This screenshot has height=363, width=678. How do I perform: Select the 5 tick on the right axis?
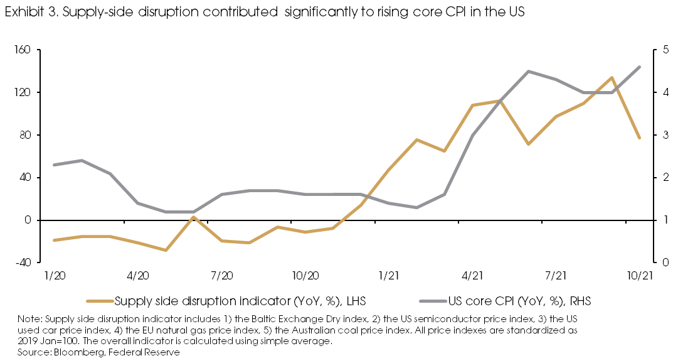[x=659, y=50]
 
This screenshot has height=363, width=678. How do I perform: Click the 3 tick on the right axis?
[x=659, y=135]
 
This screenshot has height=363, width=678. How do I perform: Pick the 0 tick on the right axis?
[x=659, y=263]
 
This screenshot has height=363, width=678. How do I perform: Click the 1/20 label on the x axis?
[x=54, y=276]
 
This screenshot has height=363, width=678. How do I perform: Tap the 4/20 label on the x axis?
[x=137, y=276]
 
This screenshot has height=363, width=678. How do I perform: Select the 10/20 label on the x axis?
[x=305, y=276]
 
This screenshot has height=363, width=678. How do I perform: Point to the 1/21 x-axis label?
[x=389, y=276]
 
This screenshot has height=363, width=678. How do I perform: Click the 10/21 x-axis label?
[x=639, y=276]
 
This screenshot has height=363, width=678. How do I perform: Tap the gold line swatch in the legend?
[x=99, y=301]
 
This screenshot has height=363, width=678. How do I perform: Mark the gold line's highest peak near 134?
[x=612, y=78]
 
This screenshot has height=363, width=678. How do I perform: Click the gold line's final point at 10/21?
[x=639, y=138]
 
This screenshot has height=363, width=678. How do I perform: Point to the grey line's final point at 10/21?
[x=639, y=67]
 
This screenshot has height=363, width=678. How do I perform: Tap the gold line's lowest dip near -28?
[x=166, y=250]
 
